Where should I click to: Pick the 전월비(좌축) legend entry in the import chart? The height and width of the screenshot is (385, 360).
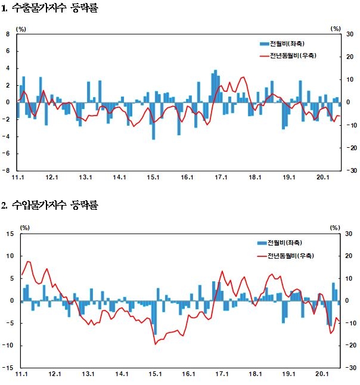click(x=280, y=243)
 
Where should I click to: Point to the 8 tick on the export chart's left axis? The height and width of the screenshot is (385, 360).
click(x=8, y=35)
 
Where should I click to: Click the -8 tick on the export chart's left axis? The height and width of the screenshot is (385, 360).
click(x=7, y=170)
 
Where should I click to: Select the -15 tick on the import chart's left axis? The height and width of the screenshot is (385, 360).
click(x=9, y=368)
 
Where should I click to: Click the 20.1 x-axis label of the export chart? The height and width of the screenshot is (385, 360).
click(x=322, y=177)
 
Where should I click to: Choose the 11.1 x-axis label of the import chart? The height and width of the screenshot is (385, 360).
click(x=21, y=374)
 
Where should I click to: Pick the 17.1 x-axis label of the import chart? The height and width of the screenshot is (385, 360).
click(x=222, y=374)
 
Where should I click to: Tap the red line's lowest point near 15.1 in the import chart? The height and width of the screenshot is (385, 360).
click(x=156, y=344)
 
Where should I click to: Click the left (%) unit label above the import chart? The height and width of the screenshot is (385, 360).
click(x=25, y=227)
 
